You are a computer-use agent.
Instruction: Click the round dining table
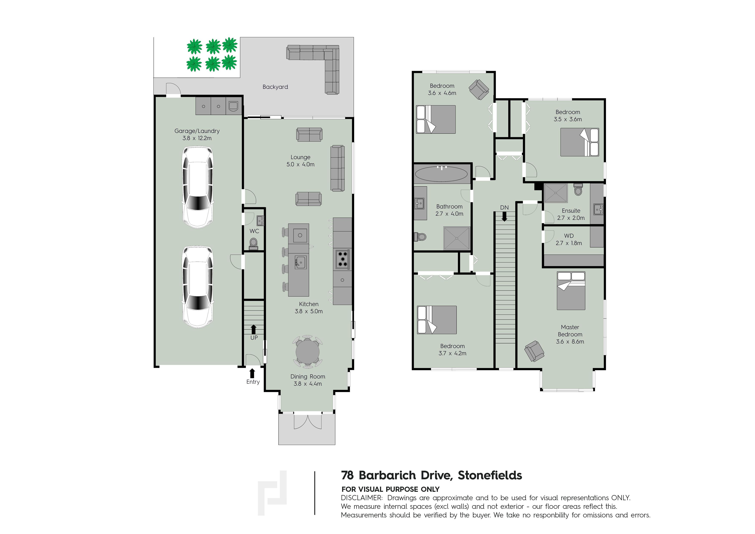click(307, 352)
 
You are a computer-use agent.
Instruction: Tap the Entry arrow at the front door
click(252, 373)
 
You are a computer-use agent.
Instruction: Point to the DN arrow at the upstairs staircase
click(504, 216)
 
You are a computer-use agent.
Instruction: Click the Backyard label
click(275, 87)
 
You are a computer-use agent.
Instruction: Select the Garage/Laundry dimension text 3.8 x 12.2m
click(197, 138)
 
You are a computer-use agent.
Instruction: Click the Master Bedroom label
click(570, 331)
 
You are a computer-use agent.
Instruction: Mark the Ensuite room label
click(571, 211)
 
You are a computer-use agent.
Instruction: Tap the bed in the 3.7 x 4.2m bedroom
click(437, 320)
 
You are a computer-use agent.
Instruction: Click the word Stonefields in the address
click(490, 475)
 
